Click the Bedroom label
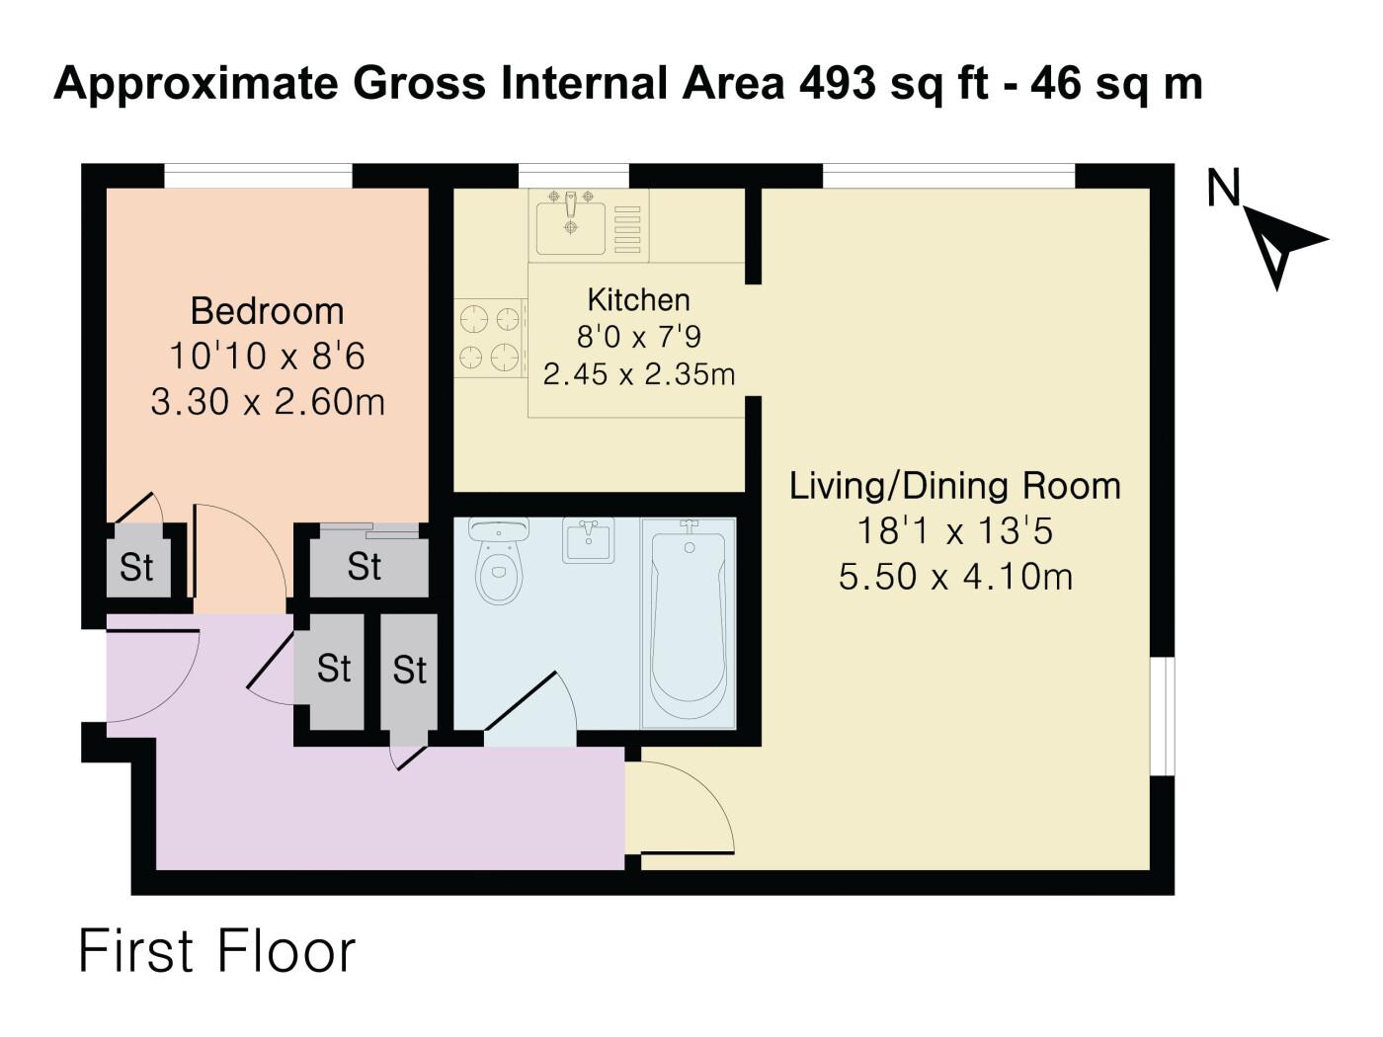pos(267,311)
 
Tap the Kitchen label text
pos(638,299)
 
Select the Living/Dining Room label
pos(954,487)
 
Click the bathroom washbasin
pos(588,540)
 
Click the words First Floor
pos(216,951)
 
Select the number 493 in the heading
pos(838,83)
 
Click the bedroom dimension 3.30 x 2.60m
pos(267,402)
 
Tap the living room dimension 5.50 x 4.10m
pos(954,576)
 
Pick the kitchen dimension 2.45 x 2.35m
pos(638,374)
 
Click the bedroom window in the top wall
pos(259,176)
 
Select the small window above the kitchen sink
pos(573,176)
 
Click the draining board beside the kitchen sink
pos(627,229)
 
